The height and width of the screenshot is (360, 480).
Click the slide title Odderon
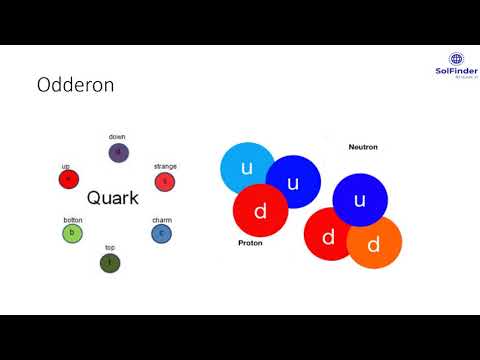coord(76,85)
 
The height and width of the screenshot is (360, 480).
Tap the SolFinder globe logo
coord(458,60)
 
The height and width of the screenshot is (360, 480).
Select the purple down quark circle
coord(119,153)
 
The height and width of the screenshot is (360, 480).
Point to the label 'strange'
coord(165,166)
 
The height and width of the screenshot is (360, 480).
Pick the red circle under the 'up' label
coord(68,180)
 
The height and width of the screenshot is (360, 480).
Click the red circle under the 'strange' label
coord(165,181)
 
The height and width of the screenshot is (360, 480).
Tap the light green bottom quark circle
coord(72,234)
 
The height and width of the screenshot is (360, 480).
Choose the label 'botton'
coord(73,220)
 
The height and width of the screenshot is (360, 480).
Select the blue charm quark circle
coord(161,234)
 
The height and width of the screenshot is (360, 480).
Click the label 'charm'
coord(162,220)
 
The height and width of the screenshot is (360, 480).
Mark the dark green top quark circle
coord(110,263)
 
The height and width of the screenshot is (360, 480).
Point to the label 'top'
coord(110,248)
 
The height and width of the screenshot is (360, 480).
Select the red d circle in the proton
coord(260,211)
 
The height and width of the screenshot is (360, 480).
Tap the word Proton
coord(250,243)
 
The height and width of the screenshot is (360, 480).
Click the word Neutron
coord(363,147)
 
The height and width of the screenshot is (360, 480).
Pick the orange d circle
coord(374,243)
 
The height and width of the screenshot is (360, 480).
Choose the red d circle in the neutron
coord(329,236)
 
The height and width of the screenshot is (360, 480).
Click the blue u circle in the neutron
coord(360,200)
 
